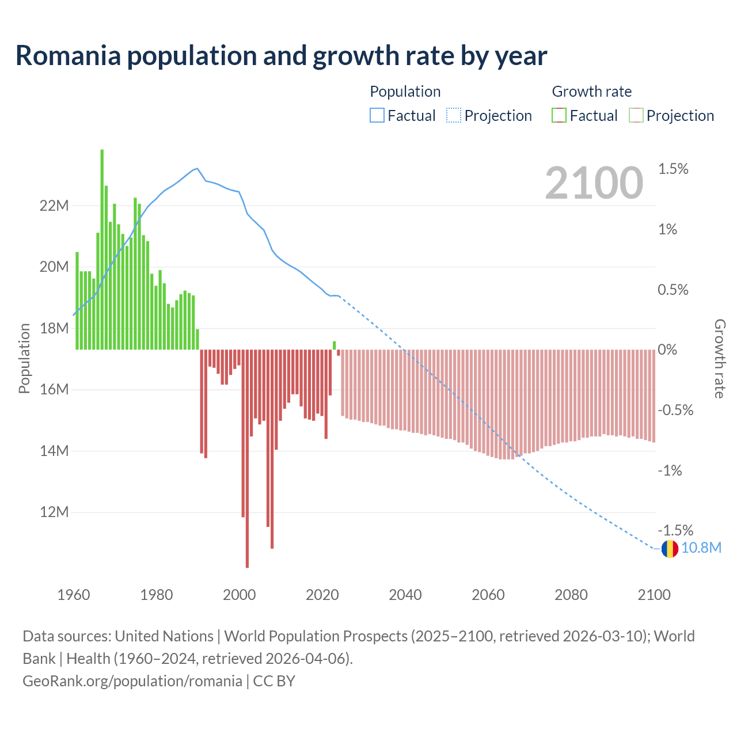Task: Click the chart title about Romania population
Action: pos(281,56)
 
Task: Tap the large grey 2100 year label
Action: pos(594,183)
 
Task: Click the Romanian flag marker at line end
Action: pos(670,549)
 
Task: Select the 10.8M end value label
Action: pos(701,548)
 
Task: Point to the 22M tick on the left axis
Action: pos(54,206)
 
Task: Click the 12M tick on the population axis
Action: pos(54,512)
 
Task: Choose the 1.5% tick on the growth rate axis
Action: pos(673,169)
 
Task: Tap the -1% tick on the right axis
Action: pos(670,470)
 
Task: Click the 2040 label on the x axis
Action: pos(405,595)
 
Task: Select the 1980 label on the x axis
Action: pos(157,595)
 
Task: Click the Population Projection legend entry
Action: pos(489,116)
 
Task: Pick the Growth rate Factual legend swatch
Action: pos(559,116)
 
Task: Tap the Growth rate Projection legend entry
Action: pos(672,116)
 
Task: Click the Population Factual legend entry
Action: pos(403,116)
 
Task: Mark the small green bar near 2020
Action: pos(334,345)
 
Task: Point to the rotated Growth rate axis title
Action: pos(719,359)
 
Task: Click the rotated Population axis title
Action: pos(24,359)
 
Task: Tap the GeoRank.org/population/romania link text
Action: pos(132,681)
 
